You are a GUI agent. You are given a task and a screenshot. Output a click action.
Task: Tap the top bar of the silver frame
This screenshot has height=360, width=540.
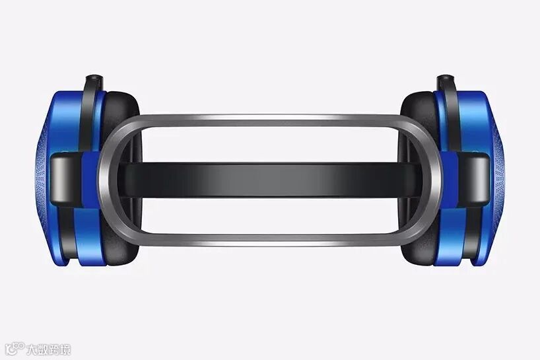click(270, 121)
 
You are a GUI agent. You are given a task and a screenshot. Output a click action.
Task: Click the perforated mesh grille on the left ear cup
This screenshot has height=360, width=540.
click(42, 179)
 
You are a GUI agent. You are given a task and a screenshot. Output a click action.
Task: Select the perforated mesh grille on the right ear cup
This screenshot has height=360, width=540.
click(498, 179)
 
